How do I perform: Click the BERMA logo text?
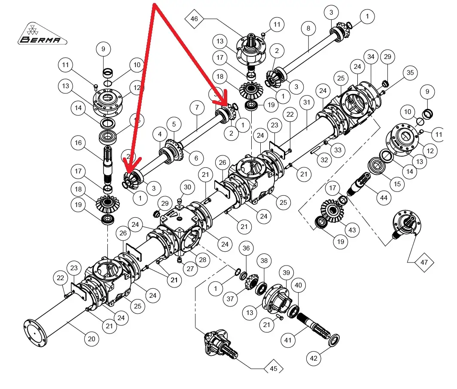43,40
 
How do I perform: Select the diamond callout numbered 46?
195,19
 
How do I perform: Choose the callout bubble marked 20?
91,339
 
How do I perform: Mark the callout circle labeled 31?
306,103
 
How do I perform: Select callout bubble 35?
410,73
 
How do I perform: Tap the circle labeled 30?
187,187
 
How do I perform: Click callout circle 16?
79,144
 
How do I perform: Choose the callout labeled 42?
314,358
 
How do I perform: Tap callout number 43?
352,231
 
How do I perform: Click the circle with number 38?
264,260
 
